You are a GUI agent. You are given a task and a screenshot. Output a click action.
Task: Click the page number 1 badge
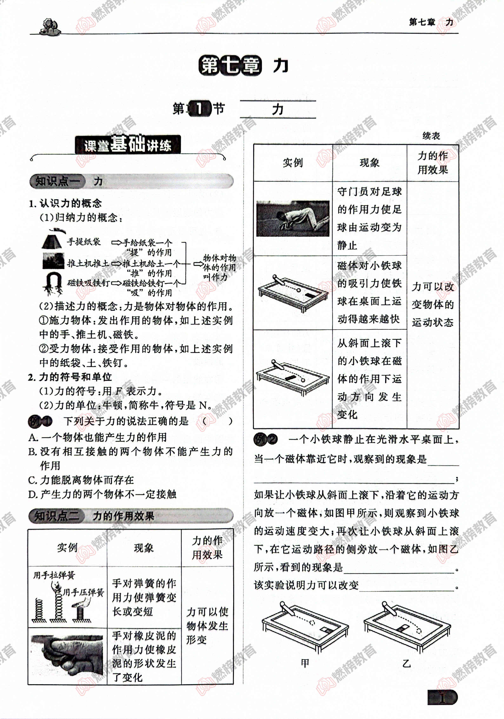coord(442,698)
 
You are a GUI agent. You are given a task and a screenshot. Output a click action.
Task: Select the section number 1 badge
coord(199,109)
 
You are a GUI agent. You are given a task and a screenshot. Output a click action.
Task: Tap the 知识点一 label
coord(56,181)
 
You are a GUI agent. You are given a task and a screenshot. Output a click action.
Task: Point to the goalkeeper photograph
coord(292,219)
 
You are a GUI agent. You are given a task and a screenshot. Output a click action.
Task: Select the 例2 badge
coord(265,439)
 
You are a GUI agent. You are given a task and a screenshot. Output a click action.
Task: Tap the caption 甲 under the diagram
coord(305,663)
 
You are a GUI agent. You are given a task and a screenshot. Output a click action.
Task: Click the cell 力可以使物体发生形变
coord(207,626)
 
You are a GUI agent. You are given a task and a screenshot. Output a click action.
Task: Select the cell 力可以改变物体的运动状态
coord(433,304)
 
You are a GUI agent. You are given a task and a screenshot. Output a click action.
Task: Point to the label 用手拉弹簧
coord(54,575)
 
